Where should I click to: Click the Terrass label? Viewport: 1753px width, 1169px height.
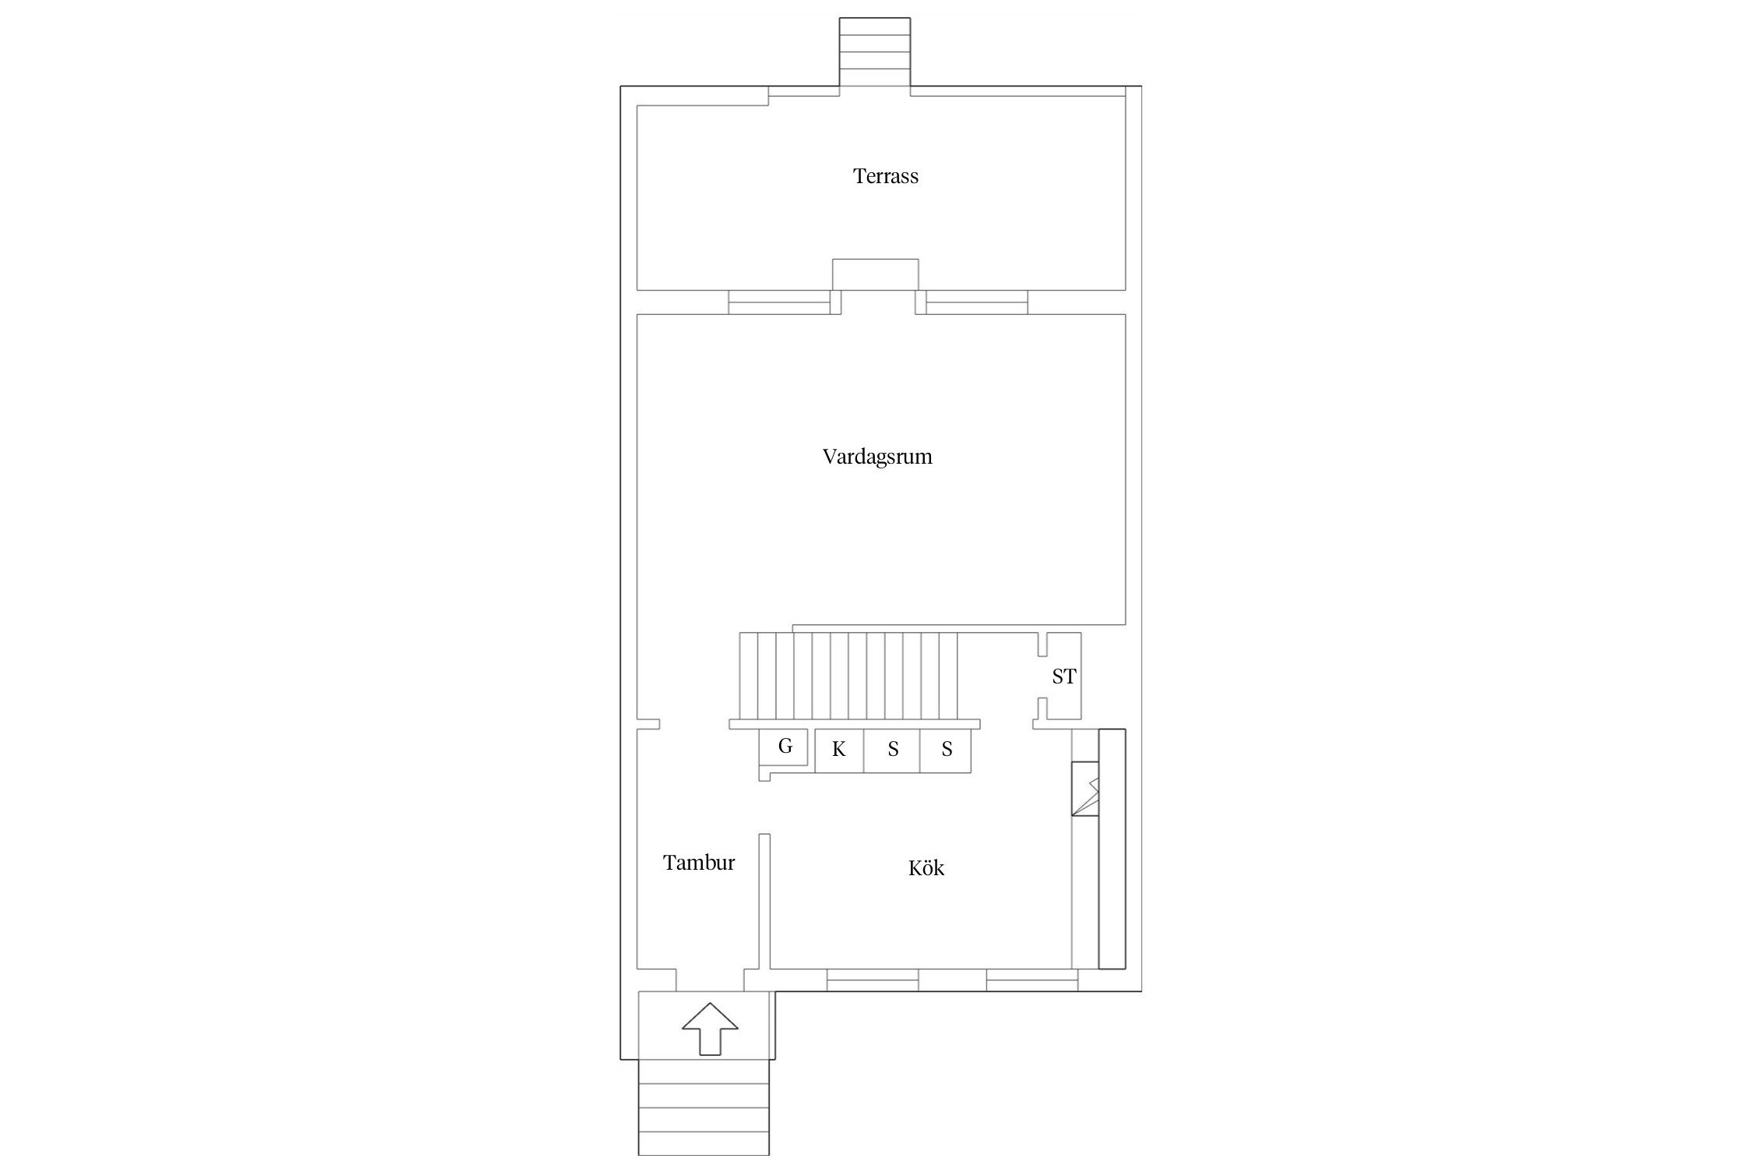(x=886, y=176)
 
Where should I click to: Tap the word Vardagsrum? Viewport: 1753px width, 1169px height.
(x=877, y=457)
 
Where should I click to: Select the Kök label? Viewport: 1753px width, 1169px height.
(x=926, y=867)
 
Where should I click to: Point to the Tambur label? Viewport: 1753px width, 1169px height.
(x=699, y=863)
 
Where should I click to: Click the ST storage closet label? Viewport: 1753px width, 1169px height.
(x=1063, y=676)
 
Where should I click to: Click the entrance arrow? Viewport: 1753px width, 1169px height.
(x=710, y=1029)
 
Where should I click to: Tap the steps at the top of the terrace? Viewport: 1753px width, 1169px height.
(x=874, y=52)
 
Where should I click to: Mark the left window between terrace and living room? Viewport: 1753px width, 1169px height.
(x=779, y=302)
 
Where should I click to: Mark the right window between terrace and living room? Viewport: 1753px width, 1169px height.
(x=976, y=302)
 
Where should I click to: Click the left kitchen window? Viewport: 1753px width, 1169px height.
(x=873, y=980)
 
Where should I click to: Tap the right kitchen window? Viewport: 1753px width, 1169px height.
(x=1032, y=980)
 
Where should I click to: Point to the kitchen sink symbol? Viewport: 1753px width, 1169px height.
(x=1085, y=789)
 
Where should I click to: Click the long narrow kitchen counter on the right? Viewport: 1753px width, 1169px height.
(x=1112, y=849)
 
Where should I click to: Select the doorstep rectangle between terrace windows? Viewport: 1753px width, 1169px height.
(x=876, y=274)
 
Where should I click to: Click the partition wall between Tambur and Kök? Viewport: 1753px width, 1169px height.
(x=764, y=902)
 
